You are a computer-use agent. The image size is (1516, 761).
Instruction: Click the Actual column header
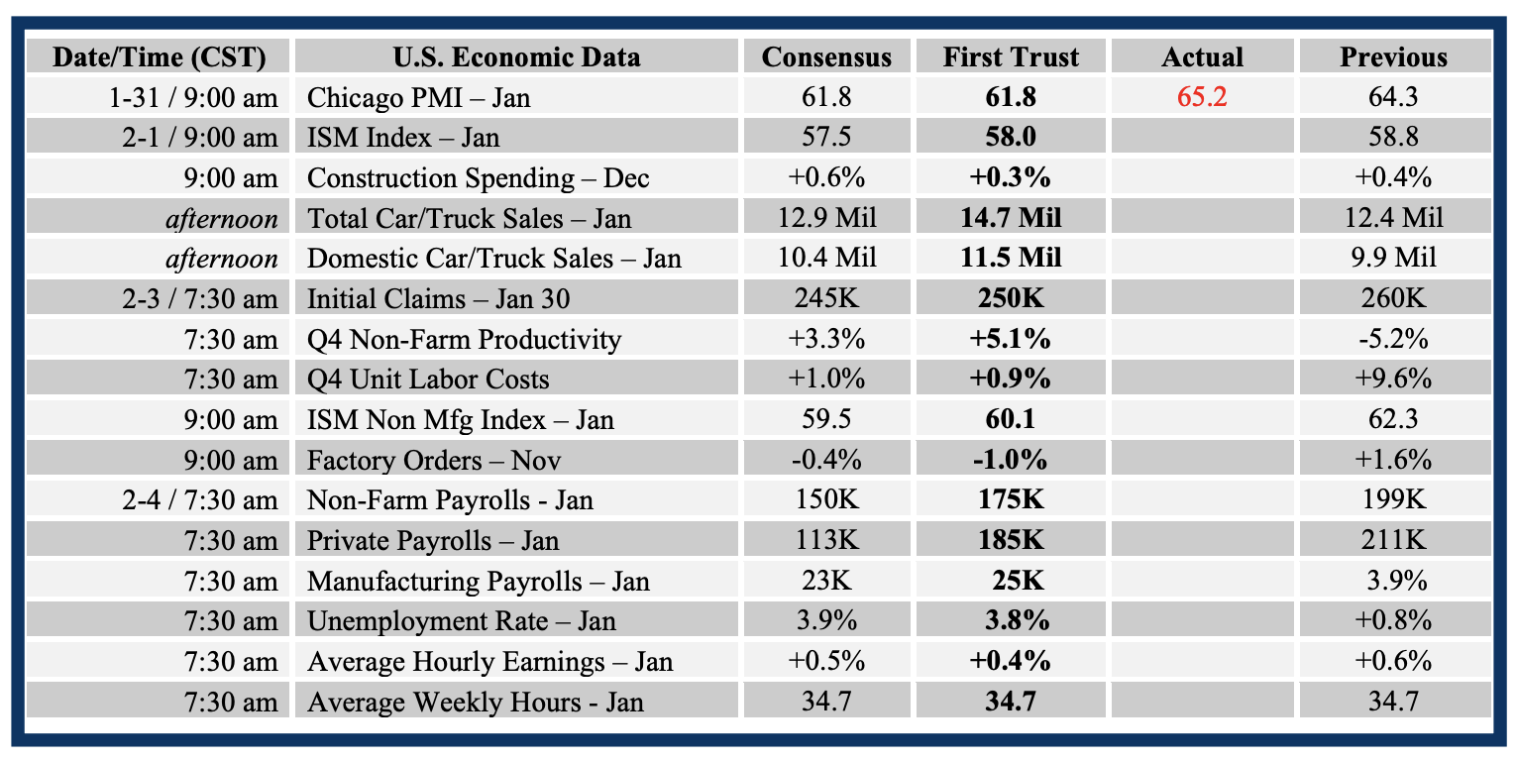pyautogui.click(x=1202, y=57)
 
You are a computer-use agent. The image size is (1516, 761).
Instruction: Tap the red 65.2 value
pyautogui.click(x=1202, y=98)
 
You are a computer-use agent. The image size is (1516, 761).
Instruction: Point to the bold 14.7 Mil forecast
pyautogui.click(x=1011, y=218)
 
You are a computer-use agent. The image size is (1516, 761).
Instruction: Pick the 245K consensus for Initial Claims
pyautogui.click(x=826, y=299)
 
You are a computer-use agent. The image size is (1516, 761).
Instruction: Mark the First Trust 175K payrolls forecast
pyautogui.click(x=1011, y=500)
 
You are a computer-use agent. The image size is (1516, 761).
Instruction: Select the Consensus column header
pyautogui.click(x=826, y=57)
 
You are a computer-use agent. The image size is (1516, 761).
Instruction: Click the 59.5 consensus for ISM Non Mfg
pyautogui.click(x=826, y=420)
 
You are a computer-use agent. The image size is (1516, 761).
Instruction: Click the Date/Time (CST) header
pyautogui.click(x=159, y=57)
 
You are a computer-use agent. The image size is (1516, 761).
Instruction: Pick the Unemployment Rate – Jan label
pyautogui.click(x=462, y=621)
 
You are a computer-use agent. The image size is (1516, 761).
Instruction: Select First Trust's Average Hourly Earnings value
pyautogui.click(x=1011, y=662)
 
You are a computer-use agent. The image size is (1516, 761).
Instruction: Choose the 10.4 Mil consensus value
pyautogui.click(x=826, y=259)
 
